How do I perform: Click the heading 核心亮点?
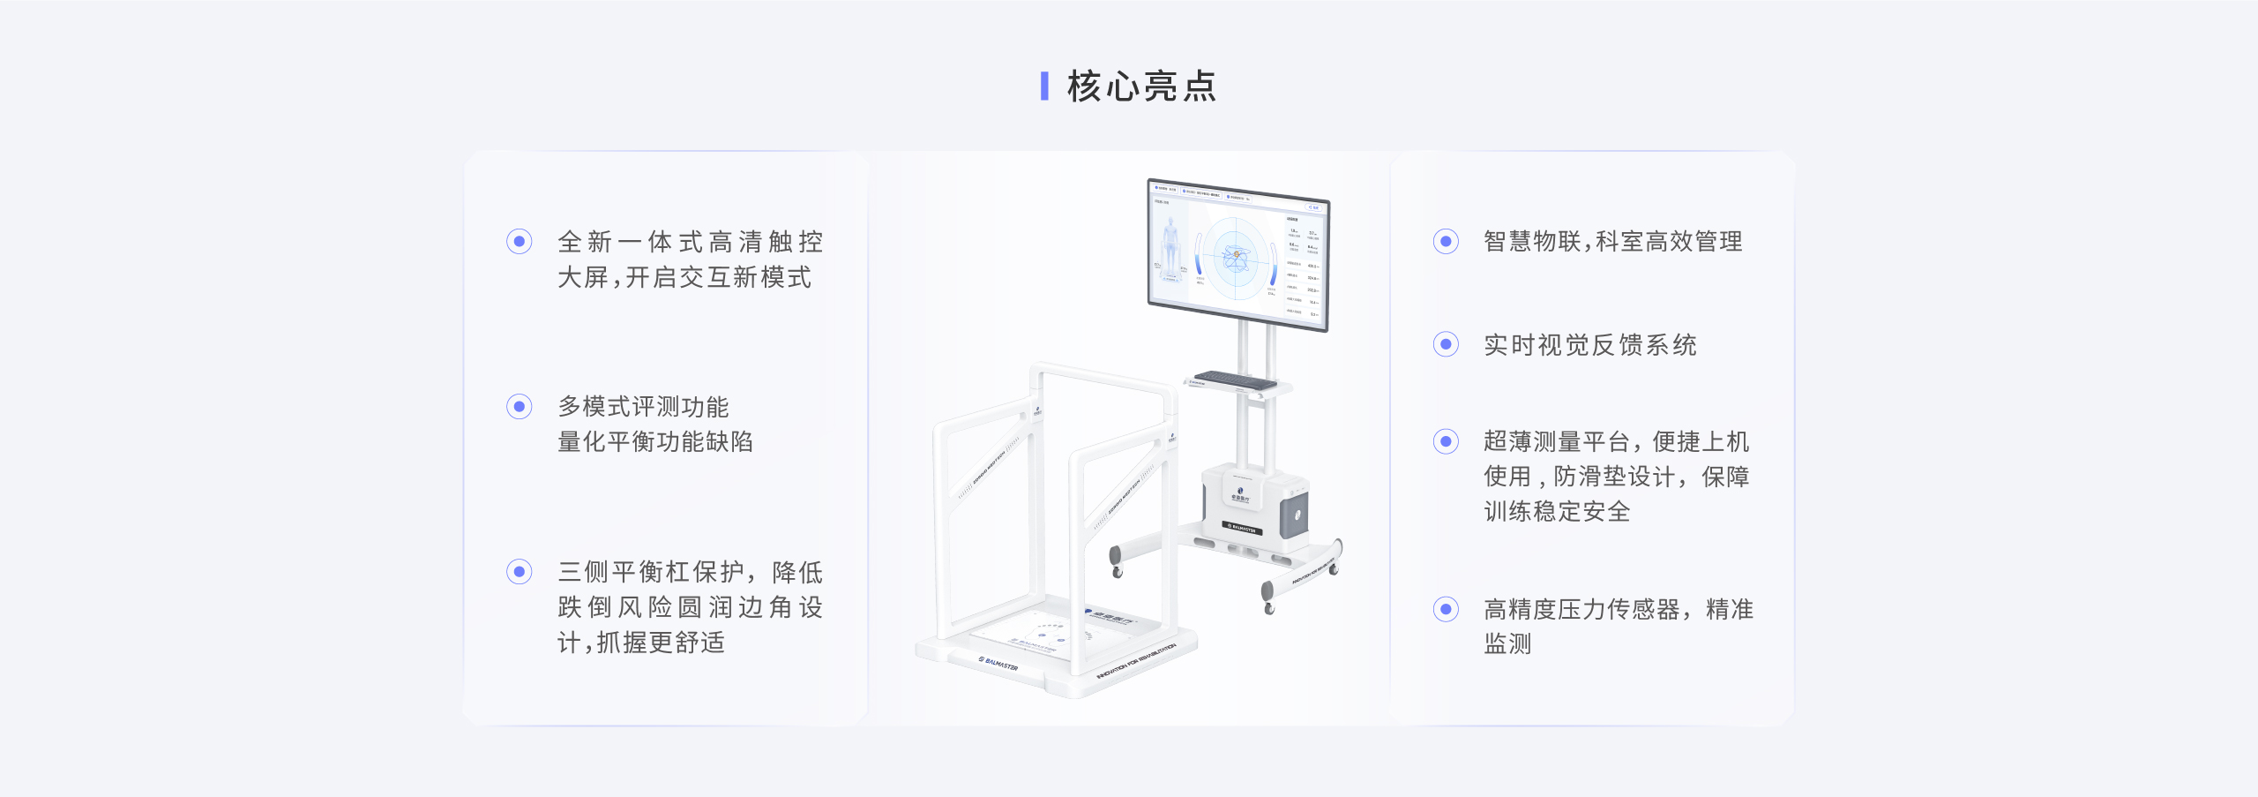pos(1141,86)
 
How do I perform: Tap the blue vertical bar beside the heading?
pos(1044,86)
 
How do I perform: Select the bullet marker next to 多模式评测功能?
pos(519,406)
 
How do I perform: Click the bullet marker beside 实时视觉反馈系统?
pos(1445,344)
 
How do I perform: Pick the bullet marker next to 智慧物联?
pos(1445,241)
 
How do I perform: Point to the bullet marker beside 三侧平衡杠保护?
pos(519,572)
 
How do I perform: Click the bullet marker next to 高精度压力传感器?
pos(1445,609)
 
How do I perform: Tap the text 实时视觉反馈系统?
pos(1589,345)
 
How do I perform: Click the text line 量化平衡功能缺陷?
pos(655,441)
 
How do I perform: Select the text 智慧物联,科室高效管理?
pos(1612,241)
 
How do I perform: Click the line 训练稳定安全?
pos(1557,511)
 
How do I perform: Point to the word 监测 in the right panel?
pos(1507,644)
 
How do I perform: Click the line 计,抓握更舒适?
pos(641,643)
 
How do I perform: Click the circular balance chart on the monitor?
pos(1236,257)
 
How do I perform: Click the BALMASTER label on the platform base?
pos(998,663)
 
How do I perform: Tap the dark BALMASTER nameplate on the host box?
pos(1241,528)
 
